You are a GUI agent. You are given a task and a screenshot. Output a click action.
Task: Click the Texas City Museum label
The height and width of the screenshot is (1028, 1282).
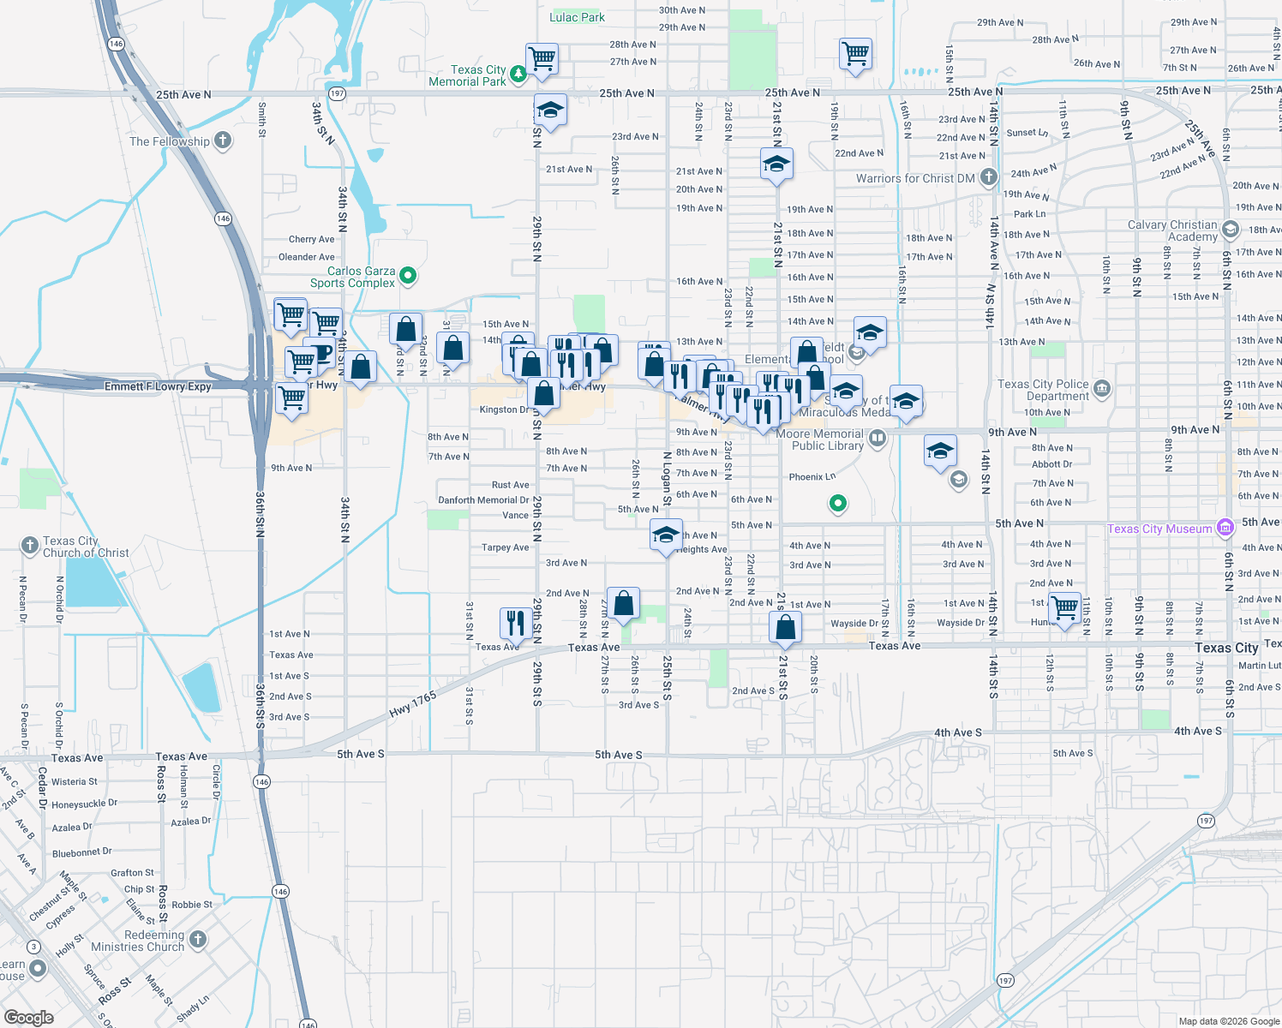tap(1159, 529)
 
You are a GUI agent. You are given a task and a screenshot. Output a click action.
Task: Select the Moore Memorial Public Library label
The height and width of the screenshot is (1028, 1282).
tap(820, 439)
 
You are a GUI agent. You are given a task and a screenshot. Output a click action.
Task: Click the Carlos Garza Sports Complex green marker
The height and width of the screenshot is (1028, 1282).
tap(409, 276)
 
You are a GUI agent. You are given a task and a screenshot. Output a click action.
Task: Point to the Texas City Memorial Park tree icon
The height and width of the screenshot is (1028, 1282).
tap(518, 75)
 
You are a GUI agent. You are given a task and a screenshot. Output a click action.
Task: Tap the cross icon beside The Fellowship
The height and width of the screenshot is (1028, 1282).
tap(223, 140)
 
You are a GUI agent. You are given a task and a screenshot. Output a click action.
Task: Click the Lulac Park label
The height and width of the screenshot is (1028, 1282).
tap(577, 17)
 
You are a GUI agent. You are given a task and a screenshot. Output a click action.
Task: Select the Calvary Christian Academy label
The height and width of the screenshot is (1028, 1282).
tap(1172, 230)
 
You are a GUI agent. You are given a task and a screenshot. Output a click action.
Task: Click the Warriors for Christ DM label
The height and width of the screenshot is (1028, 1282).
tap(915, 178)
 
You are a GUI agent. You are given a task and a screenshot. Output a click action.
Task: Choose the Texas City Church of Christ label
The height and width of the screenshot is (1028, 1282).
tap(86, 547)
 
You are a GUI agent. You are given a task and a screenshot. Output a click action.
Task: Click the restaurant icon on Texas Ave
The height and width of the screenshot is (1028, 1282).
tap(515, 623)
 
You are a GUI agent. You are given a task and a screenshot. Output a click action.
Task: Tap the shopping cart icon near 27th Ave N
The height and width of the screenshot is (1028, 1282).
tap(542, 59)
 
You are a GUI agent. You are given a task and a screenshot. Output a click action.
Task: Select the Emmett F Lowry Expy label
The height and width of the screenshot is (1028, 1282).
tap(158, 386)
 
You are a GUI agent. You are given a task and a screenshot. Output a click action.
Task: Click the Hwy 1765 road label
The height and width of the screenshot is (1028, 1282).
tap(413, 704)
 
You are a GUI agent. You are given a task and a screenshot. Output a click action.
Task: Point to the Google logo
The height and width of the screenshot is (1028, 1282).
tap(29, 1017)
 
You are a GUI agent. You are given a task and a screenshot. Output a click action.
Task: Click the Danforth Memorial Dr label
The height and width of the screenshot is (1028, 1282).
tap(483, 500)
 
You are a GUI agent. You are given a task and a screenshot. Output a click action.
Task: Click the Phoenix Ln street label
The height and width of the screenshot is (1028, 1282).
tap(812, 477)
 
